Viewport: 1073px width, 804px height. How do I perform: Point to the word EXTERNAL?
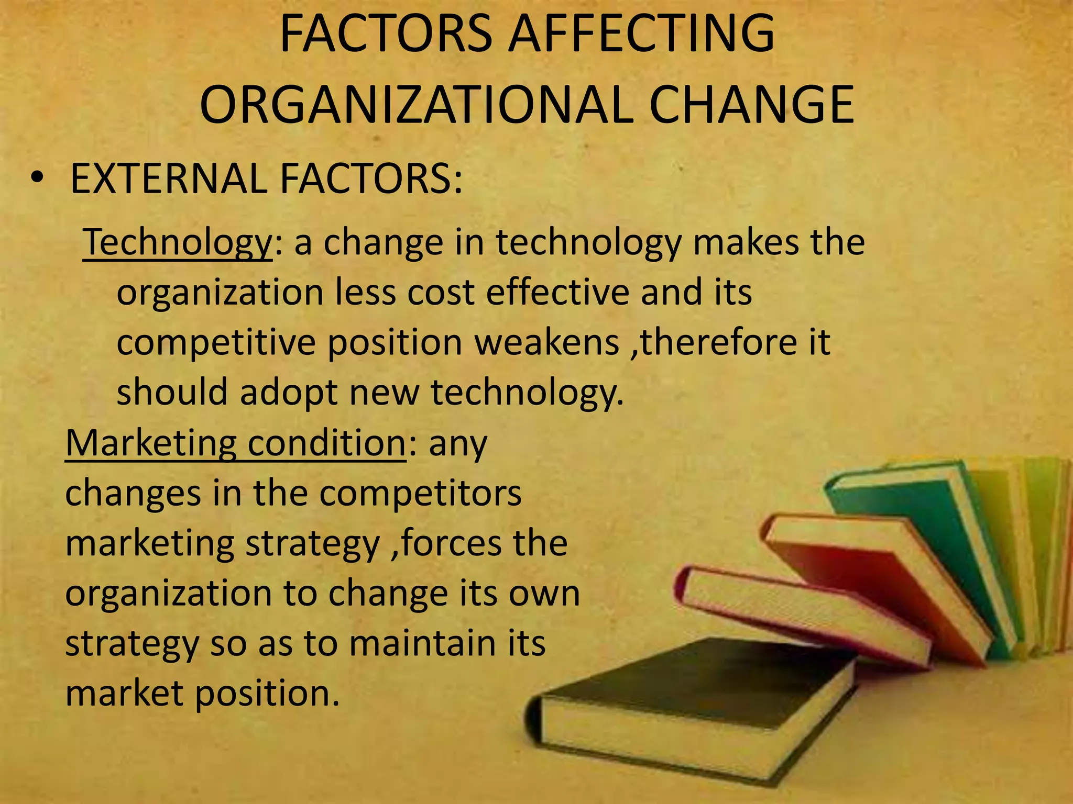[x=168, y=178]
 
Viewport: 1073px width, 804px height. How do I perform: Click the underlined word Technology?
[x=177, y=242]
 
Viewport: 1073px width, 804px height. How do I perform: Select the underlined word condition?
[x=326, y=443]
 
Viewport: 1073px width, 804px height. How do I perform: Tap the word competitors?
[x=420, y=493]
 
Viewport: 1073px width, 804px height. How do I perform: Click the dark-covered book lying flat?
[x=697, y=680]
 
